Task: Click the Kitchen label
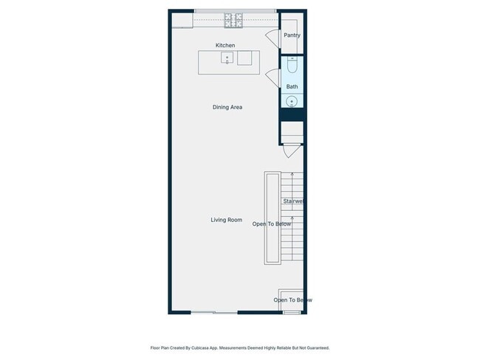(225, 46)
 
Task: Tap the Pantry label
(292, 35)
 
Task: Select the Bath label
(292, 86)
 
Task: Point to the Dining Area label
(227, 108)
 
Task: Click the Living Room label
(226, 220)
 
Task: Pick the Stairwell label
(293, 201)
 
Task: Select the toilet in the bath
(292, 66)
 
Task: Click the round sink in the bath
(292, 102)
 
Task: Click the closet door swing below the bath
(292, 151)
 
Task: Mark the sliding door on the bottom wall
(214, 313)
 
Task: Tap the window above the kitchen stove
(235, 10)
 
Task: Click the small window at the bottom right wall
(292, 313)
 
